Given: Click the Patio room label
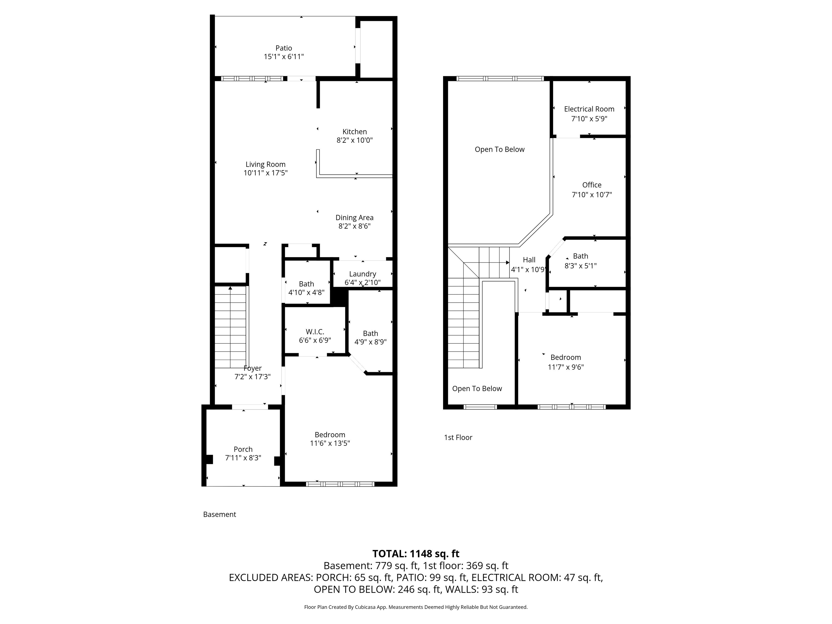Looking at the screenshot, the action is [x=284, y=48].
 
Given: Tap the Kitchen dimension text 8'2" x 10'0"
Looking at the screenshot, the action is [x=355, y=140].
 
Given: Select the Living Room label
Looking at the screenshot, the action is [x=265, y=164].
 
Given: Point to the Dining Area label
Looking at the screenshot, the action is [x=354, y=218].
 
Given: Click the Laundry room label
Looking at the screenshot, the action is [x=363, y=274].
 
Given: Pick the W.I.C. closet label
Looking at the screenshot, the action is [x=315, y=332].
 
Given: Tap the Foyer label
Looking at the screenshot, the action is [x=252, y=368].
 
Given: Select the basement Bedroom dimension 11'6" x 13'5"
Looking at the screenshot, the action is [x=330, y=443].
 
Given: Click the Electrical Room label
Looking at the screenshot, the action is [x=589, y=109].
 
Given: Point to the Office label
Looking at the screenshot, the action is [x=592, y=185].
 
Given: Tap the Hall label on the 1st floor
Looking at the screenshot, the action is [x=529, y=260].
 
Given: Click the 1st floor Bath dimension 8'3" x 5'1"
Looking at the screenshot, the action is [x=580, y=265].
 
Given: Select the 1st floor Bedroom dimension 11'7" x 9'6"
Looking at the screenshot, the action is [x=565, y=367].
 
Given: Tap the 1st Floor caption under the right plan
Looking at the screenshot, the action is [x=458, y=437].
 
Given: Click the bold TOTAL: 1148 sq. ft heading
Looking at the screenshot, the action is [x=416, y=554].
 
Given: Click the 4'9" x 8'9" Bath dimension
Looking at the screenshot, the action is [x=370, y=342].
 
